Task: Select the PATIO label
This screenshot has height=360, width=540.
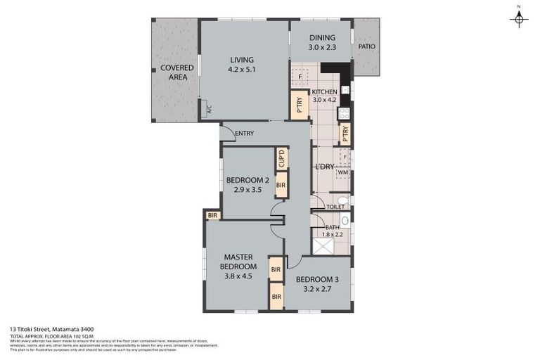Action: click(x=366, y=46)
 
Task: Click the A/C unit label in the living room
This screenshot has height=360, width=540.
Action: click(x=208, y=108)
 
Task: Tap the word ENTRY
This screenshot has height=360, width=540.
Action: click(x=244, y=133)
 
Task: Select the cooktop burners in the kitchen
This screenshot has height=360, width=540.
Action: click(x=345, y=112)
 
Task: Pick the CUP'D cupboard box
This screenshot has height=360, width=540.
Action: click(x=281, y=158)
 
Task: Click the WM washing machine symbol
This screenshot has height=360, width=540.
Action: click(x=342, y=172)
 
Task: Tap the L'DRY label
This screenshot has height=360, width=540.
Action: click(x=324, y=166)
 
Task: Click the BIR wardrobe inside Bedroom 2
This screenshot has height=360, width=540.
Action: click(x=281, y=185)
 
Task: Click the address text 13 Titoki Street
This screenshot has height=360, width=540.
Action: click(x=52, y=328)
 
